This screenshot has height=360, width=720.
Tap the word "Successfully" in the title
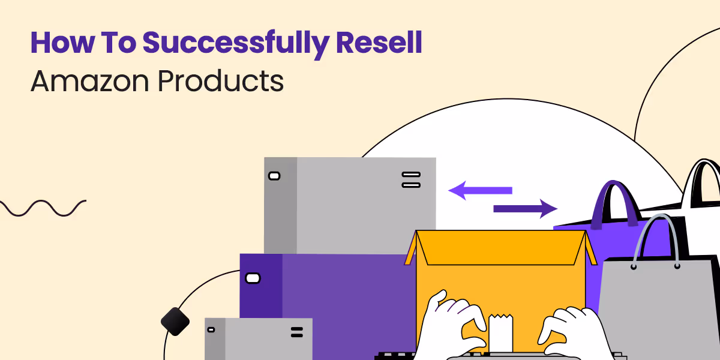(x=236, y=44)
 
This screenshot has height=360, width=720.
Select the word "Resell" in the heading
(x=379, y=42)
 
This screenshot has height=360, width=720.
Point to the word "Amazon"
(x=89, y=81)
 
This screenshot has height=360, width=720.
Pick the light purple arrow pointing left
(x=480, y=190)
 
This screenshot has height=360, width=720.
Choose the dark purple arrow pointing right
(x=525, y=209)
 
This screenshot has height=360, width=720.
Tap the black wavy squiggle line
(x=43, y=208)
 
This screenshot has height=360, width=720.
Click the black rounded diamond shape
(x=175, y=322)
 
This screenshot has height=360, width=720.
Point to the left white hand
(x=453, y=325)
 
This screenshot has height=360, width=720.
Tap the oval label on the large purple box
(x=253, y=278)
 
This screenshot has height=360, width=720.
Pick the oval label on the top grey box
(x=274, y=176)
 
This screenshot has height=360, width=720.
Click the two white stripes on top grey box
(x=411, y=179)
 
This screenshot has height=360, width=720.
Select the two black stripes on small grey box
(x=296, y=332)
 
